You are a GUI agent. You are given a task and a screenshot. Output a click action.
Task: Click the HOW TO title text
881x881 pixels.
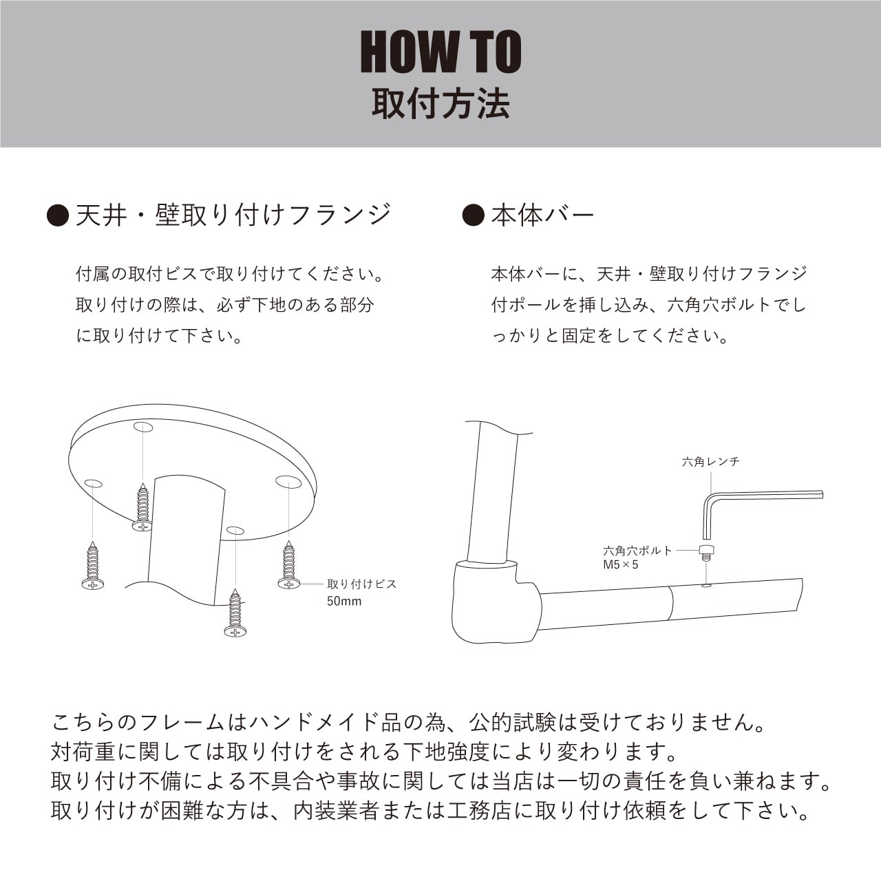click(440, 52)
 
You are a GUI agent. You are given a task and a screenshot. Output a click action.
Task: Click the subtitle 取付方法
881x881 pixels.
click(440, 105)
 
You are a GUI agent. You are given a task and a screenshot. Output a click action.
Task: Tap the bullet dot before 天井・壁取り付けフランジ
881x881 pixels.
click(58, 215)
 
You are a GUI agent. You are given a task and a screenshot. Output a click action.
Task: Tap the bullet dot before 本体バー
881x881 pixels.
click(473, 215)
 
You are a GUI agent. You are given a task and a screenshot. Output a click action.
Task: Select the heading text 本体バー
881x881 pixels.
click(542, 215)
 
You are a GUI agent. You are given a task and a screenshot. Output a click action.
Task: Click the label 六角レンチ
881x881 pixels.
click(710, 462)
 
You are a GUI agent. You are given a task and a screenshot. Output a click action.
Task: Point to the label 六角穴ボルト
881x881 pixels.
click(637, 551)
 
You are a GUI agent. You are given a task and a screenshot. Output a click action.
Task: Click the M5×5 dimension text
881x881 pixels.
click(620, 565)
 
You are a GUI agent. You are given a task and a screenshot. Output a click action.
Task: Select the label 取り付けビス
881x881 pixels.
click(361, 584)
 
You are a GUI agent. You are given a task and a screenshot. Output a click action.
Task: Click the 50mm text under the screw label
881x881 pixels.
click(343, 601)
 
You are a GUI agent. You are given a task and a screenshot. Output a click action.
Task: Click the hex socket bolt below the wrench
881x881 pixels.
click(705, 552)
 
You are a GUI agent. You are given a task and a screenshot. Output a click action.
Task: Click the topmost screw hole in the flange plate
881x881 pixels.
click(143, 427)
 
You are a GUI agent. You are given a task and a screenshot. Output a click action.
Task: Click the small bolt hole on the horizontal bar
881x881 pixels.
click(705, 586)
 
